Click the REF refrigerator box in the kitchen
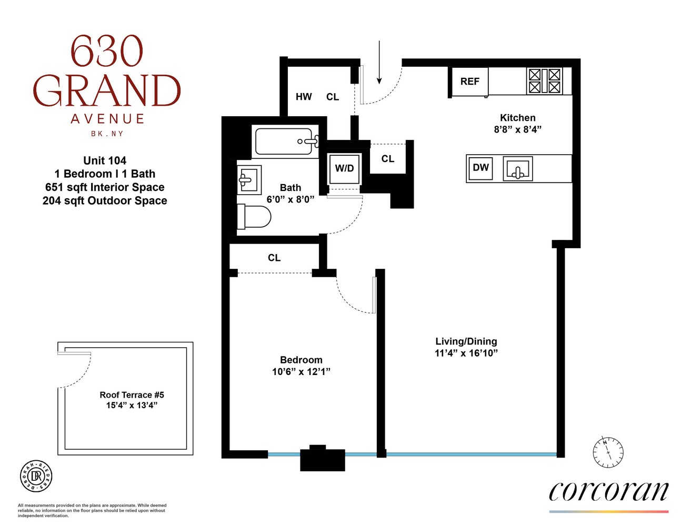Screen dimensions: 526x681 469,82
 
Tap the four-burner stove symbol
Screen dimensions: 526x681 544,81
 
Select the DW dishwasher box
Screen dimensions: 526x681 480,168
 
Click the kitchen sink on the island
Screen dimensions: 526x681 517,169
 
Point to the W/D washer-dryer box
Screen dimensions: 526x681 344,168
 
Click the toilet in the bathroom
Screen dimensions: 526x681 254,216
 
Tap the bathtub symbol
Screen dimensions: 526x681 286,141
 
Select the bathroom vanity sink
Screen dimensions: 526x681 249,180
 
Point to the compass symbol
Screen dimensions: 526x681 608,452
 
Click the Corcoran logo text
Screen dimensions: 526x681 608,491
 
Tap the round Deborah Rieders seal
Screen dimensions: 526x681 36,476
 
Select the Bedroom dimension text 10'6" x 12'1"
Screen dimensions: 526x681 301,372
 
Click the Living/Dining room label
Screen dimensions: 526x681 466,341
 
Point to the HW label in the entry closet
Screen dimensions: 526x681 304,97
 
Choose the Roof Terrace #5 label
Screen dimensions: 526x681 132,394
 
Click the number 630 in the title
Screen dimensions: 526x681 107,52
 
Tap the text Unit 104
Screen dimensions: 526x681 105,160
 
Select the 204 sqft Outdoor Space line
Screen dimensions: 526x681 105,200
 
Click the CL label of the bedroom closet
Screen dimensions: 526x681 274,258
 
